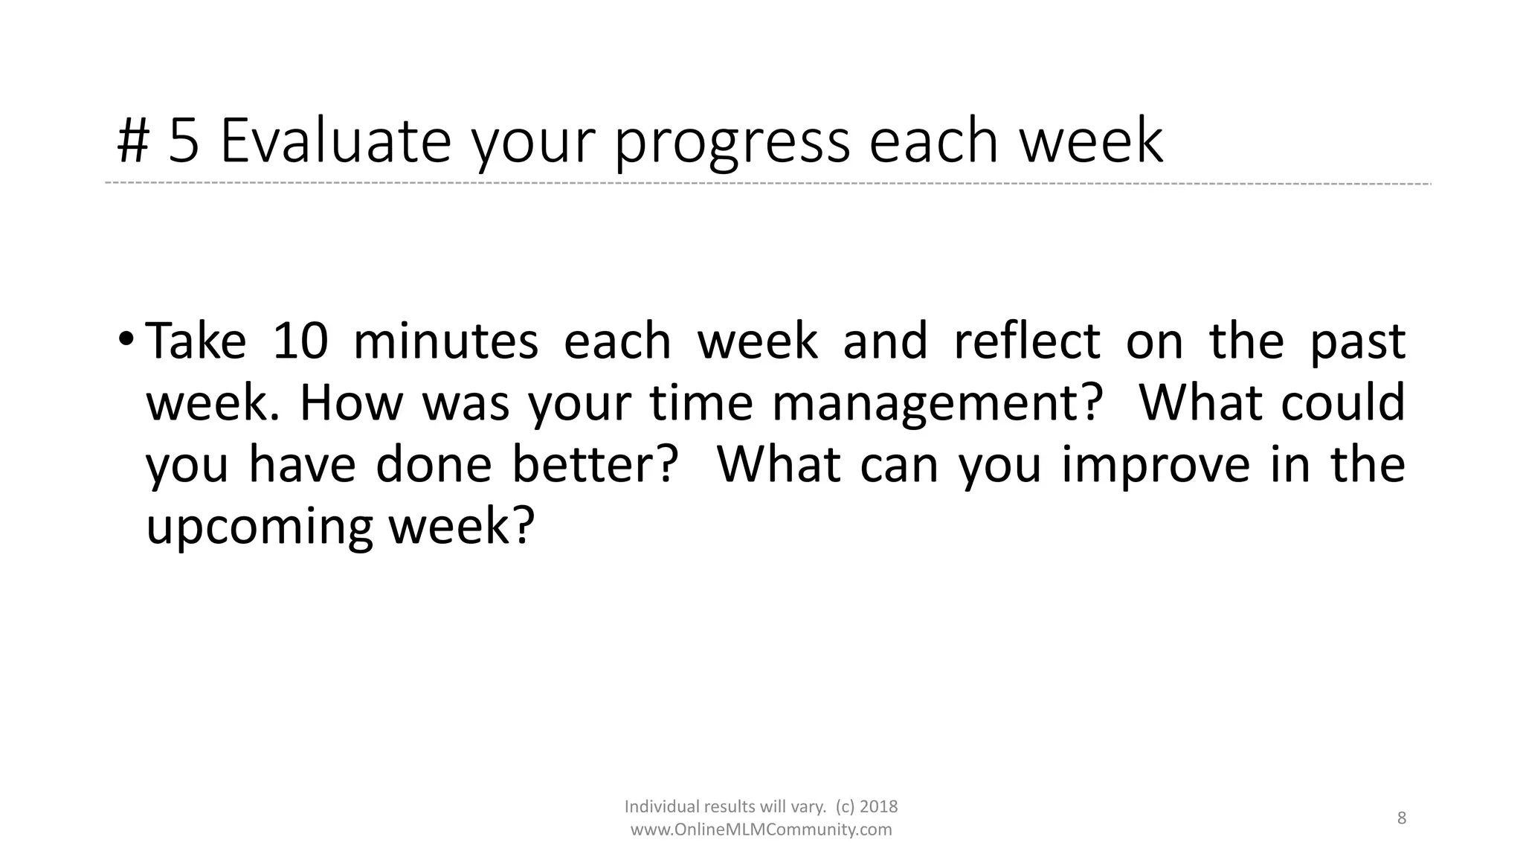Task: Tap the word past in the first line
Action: point(1357,342)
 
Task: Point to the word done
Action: point(434,464)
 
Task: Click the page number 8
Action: point(1402,818)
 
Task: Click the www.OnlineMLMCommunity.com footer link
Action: point(761,830)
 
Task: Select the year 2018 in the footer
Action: point(879,806)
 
